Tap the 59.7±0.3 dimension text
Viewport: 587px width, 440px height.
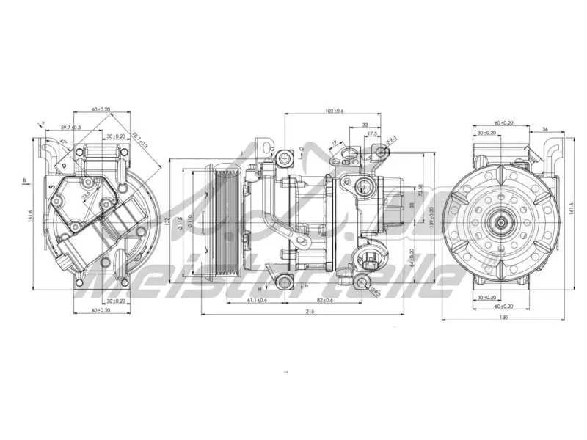point(70,128)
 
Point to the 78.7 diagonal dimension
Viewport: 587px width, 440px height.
point(139,139)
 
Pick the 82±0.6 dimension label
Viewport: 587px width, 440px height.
point(324,301)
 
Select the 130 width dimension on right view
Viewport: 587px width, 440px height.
point(503,317)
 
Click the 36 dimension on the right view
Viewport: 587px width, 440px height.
point(544,129)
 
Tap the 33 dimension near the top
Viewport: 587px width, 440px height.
point(365,125)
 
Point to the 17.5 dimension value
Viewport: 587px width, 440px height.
point(372,134)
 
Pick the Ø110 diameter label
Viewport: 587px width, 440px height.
point(190,220)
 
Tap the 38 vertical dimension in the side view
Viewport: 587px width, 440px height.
point(412,205)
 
